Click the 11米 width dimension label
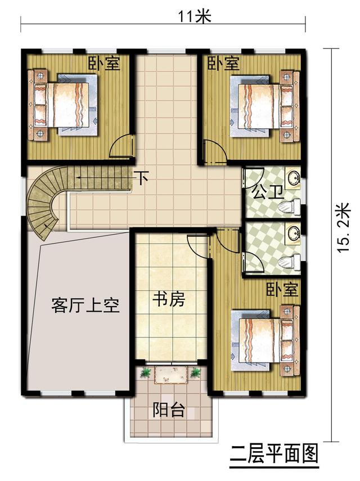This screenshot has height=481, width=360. pos(193,16)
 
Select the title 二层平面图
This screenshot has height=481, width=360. pos(274,452)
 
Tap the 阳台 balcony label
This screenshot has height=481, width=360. pos(168,410)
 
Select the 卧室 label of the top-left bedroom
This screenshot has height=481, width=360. pos(103,63)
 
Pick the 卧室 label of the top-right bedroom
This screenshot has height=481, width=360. pos(223,63)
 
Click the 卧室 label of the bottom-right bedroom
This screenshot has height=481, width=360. pos(282,290)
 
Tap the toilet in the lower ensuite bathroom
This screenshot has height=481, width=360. pos(289,261)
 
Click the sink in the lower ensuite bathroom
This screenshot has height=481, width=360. pos(292,231)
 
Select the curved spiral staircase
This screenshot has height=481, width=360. pos(46,203)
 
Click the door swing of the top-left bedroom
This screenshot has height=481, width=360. pos(121,147)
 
